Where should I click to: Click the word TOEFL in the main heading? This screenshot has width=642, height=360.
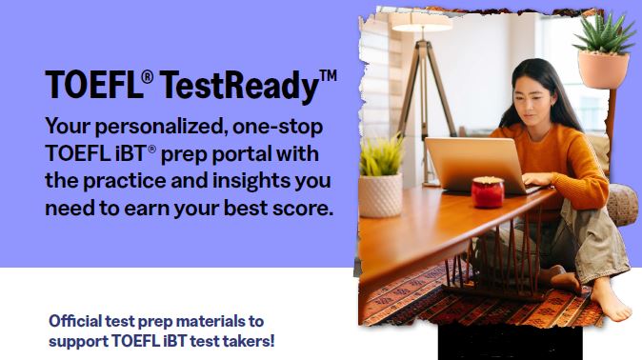coord(92,87)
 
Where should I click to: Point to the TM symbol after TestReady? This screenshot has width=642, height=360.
coord(328,75)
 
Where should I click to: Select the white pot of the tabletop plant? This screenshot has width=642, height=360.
coord(381,194)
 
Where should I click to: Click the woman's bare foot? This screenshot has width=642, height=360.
coord(607,302)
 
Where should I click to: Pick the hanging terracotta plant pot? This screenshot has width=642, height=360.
coord(602,70)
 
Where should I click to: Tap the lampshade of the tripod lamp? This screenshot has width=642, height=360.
coord(422,21)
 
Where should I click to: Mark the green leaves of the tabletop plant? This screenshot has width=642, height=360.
coord(380,156)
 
